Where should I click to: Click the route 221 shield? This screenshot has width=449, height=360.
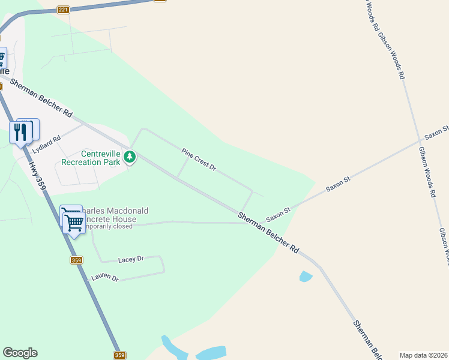tap(64, 10)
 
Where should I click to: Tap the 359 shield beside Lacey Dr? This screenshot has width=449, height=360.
tap(76, 260)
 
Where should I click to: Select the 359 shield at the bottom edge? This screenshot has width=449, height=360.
tap(120, 355)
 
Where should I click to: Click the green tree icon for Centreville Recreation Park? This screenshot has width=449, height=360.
tap(130, 157)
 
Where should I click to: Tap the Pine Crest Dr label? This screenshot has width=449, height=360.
tap(199, 159)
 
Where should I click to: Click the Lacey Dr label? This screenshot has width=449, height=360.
tap(131, 259)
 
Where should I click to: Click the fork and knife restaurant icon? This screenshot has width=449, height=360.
tap(21, 131)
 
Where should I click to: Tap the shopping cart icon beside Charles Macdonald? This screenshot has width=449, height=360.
tap(74, 223)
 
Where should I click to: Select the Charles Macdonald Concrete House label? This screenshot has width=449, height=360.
tap(112, 215)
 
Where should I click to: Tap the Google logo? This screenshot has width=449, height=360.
tap(20, 353)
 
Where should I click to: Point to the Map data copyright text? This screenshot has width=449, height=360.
tap(423, 355)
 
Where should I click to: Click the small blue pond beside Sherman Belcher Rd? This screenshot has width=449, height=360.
tap(306, 277)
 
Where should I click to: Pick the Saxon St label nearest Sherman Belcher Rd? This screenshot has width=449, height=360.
tap(279, 212)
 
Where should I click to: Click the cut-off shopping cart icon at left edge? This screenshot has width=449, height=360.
tap(2, 58)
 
